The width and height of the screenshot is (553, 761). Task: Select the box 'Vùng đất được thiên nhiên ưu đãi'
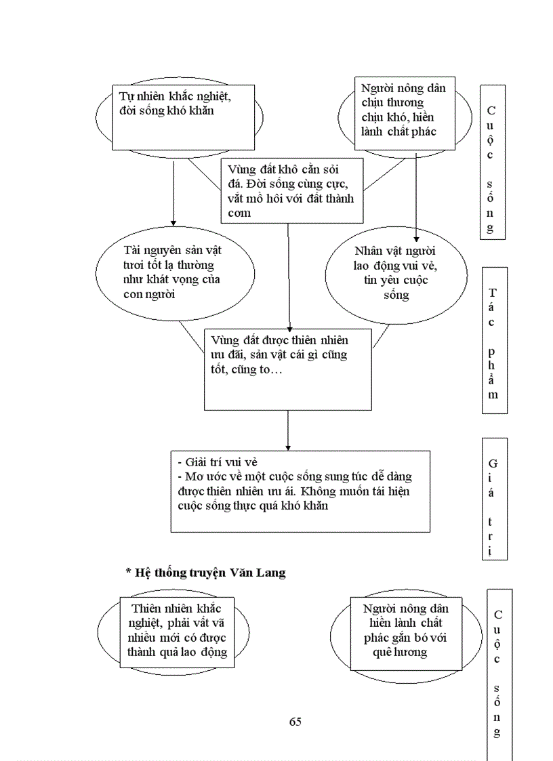[287, 369]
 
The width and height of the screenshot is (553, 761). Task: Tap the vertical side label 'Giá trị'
[493, 498]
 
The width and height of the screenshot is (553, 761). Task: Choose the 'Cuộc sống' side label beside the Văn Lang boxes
[498, 671]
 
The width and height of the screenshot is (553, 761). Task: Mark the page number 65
[295, 721]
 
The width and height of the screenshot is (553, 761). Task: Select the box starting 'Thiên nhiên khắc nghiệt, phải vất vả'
[178, 632]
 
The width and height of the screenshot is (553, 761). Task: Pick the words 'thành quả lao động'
[178, 653]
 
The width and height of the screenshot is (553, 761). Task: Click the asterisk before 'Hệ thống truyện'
[128, 573]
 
